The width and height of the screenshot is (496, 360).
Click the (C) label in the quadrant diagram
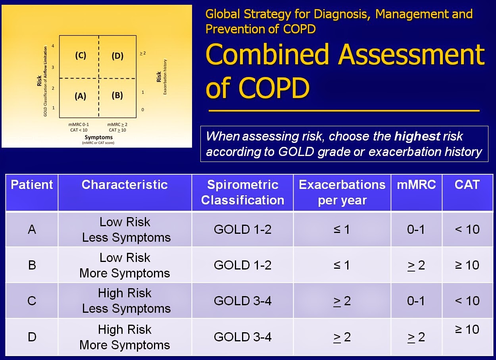(81, 56)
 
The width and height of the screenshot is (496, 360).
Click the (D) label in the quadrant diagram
(117, 56)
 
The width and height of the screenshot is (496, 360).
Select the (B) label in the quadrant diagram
(117, 96)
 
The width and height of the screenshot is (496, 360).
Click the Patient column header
(32, 185)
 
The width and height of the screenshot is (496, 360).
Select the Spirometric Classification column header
(242, 192)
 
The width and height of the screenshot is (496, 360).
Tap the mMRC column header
(416, 185)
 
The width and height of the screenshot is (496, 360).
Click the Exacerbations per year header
(342, 192)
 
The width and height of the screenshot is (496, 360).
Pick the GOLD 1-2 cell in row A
(242, 229)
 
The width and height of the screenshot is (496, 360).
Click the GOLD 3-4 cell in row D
(242, 337)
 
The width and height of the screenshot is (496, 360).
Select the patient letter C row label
(32, 301)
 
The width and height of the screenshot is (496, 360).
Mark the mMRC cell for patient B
(416, 265)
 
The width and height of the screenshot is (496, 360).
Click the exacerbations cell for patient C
(342, 301)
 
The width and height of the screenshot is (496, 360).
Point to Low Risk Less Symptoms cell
(125, 229)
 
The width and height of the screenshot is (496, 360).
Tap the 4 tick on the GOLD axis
(53, 46)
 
